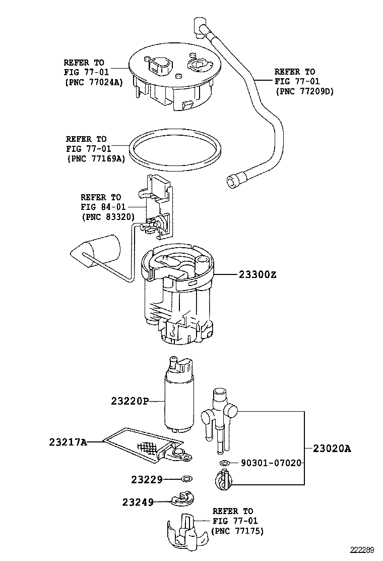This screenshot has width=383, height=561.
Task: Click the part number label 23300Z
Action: tap(258, 275)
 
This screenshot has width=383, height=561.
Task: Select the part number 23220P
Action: tap(130, 401)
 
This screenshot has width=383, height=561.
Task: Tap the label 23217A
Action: tap(68, 442)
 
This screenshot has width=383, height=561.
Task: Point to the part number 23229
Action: tap(147, 479)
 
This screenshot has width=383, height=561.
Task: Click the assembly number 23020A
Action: tap(332, 448)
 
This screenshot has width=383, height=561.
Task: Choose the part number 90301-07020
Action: tap(271, 463)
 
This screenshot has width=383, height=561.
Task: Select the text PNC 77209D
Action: tap(304, 91)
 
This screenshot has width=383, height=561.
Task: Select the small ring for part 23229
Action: tap(186, 479)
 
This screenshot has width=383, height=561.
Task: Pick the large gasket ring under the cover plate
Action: tap(174, 151)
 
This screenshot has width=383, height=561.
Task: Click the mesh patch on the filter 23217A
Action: tap(148, 447)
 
